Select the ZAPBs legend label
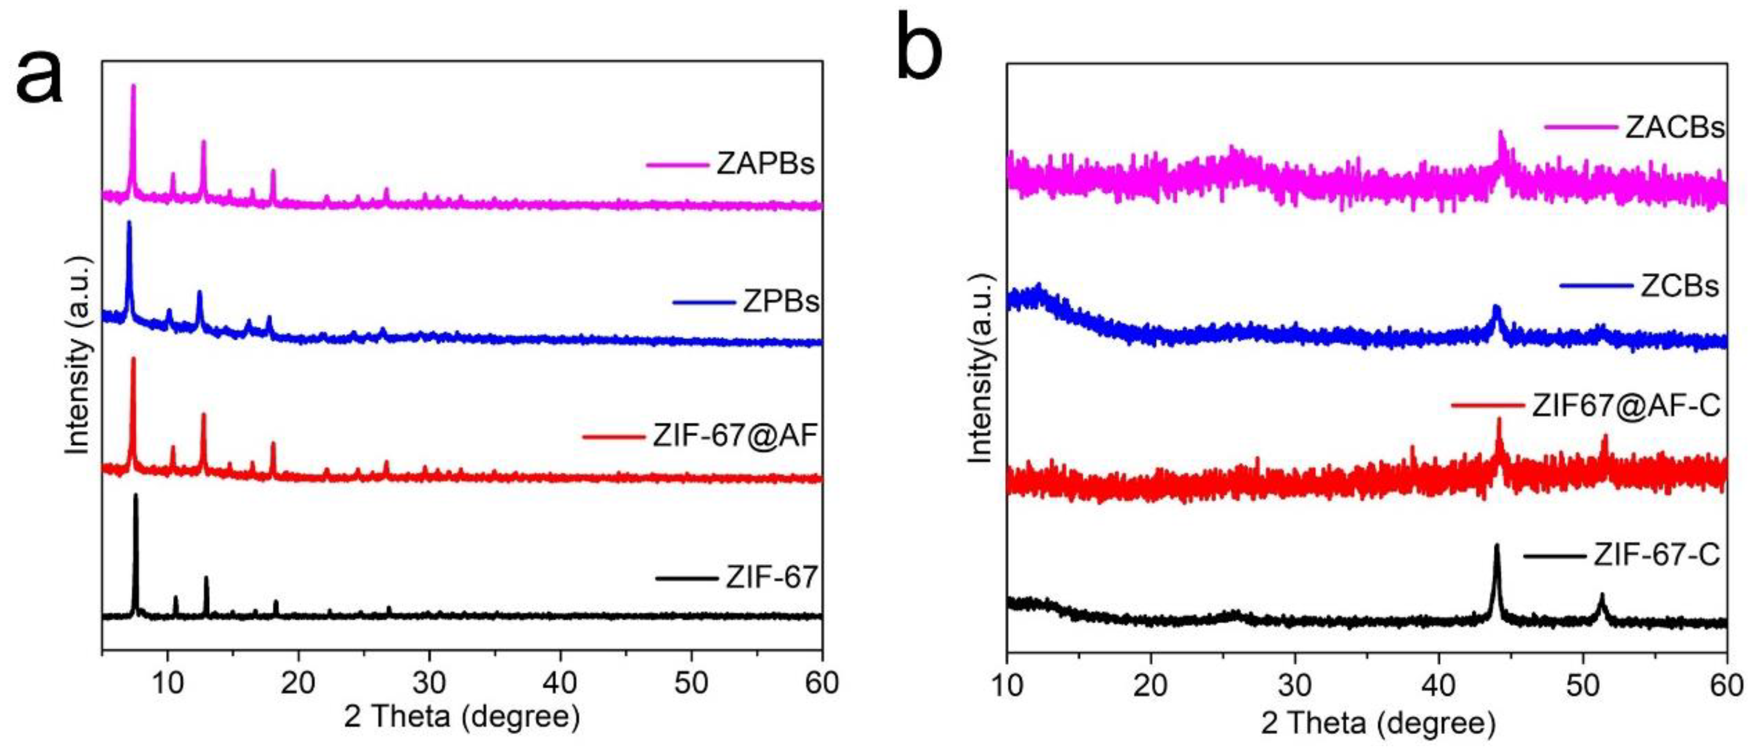(x=766, y=164)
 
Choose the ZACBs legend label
(x=1674, y=127)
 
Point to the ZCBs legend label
(x=1680, y=287)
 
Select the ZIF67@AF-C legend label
(x=1626, y=406)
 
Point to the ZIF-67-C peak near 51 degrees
(x=1602, y=595)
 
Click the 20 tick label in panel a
(x=299, y=682)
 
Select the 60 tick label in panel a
(x=822, y=682)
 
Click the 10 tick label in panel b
(x=1007, y=686)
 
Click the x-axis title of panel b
(x=1377, y=723)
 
